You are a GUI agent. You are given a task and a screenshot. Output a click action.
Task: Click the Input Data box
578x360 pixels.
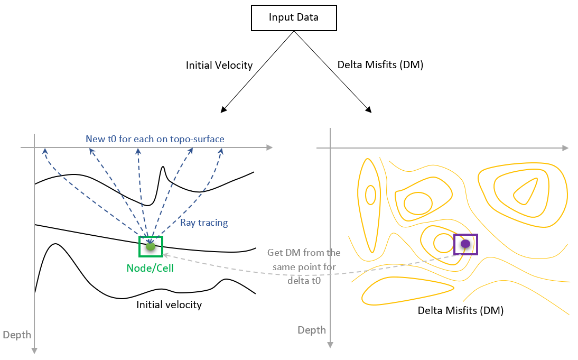pyautogui.click(x=293, y=17)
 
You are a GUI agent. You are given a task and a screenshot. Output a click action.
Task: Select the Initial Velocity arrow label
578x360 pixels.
pyautogui.click(x=219, y=66)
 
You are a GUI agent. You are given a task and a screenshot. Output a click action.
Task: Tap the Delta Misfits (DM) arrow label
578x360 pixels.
pyautogui.click(x=380, y=66)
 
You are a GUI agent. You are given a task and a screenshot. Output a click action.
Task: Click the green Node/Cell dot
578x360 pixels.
pyautogui.click(x=151, y=246)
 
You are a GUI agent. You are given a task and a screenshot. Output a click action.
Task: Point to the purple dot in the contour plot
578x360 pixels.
pyautogui.click(x=465, y=244)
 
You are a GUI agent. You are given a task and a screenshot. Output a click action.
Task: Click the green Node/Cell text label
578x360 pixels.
pyautogui.click(x=150, y=268)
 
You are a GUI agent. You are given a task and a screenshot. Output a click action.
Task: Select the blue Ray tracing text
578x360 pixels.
pyautogui.click(x=204, y=223)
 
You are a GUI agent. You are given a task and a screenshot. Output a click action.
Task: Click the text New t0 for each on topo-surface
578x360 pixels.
pyautogui.click(x=155, y=139)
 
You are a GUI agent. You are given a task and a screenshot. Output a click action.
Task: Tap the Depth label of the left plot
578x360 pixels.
pyautogui.click(x=17, y=335)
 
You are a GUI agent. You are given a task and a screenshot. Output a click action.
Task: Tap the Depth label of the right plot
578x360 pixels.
pyautogui.click(x=312, y=330)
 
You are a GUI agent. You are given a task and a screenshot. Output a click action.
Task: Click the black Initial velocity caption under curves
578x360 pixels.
pyautogui.click(x=169, y=304)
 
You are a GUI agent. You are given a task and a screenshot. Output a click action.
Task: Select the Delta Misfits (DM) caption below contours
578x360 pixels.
pyautogui.click(x=461, y=310)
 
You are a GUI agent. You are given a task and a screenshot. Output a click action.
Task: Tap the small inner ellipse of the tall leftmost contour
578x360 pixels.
pyautogui.click(x=370, y=195)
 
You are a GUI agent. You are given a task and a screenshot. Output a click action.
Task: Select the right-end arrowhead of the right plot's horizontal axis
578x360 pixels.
pyautogui.click(x=565, y=147)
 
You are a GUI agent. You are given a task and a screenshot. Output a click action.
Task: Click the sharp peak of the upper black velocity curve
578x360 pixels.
pyautogui.click(x=164, y=168)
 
